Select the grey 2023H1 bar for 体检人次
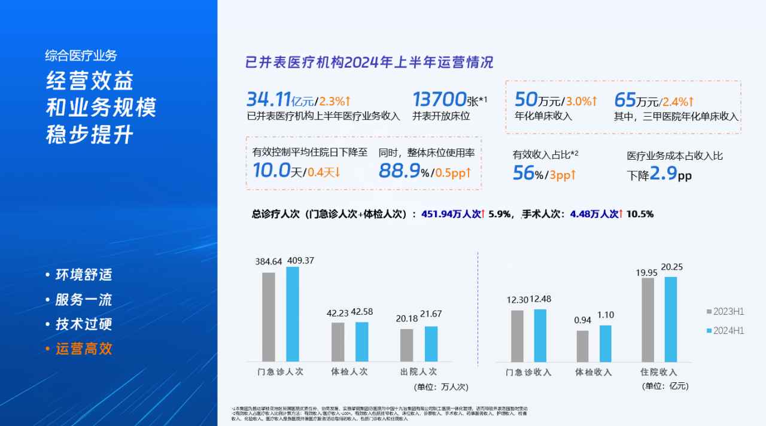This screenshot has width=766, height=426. (338, 342)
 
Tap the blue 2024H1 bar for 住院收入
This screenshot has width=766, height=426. (670, 319)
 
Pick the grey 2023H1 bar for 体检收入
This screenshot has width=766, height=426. (582, 346)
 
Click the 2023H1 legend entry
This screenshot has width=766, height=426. (725, 312)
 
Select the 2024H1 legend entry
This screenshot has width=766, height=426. (725, 331)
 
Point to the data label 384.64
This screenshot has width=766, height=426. (269, 261)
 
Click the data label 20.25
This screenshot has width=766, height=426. (671, 267)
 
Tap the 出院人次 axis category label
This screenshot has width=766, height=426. (418, 372)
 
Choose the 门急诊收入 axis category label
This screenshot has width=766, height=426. (528, 372)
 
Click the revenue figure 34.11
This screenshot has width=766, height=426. (269, 99)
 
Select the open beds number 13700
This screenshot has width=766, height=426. (439, 99)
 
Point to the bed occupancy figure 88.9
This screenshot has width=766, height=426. (399, 171)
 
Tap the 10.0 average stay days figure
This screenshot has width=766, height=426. (271, 171)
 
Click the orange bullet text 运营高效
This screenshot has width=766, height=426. (84, 349)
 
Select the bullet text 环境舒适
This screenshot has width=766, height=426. (84, 275)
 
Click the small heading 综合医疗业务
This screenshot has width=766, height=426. (81, 56)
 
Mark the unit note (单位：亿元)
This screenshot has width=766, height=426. (665, 387)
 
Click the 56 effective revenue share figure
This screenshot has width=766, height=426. (523, 174)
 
